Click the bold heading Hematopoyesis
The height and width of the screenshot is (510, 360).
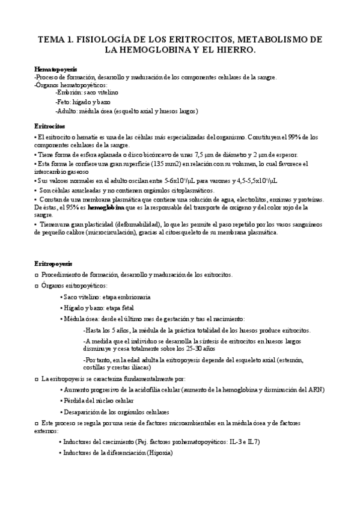(x=55, y=70)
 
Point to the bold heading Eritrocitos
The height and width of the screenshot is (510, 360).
(x=49, y=127)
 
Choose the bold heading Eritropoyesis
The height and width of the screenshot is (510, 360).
(x=53, y=263)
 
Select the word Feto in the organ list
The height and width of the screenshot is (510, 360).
(x=63, y=102)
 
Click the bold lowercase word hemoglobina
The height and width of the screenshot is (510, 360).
(x=108, y=207)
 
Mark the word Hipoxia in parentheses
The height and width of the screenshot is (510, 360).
(x=159, y=452)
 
